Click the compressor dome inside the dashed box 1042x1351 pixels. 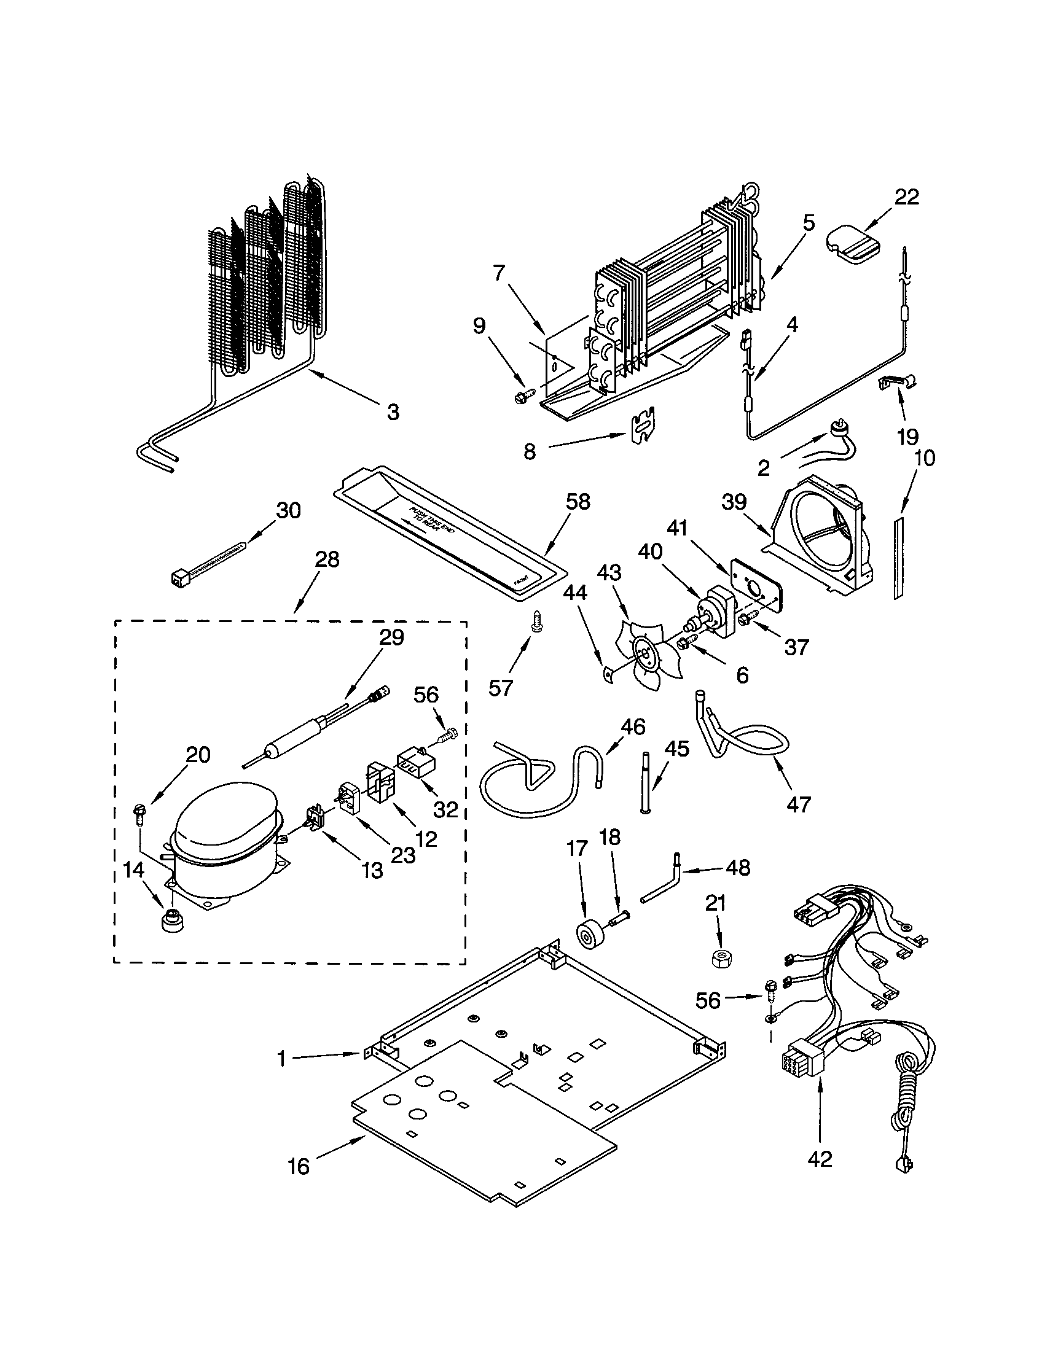click(x=226, y=816)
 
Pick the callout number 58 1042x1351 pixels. click(x=578, y=501)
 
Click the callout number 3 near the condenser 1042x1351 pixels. click(x=393, y=411)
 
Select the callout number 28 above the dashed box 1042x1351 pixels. click(x=327, y=559)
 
